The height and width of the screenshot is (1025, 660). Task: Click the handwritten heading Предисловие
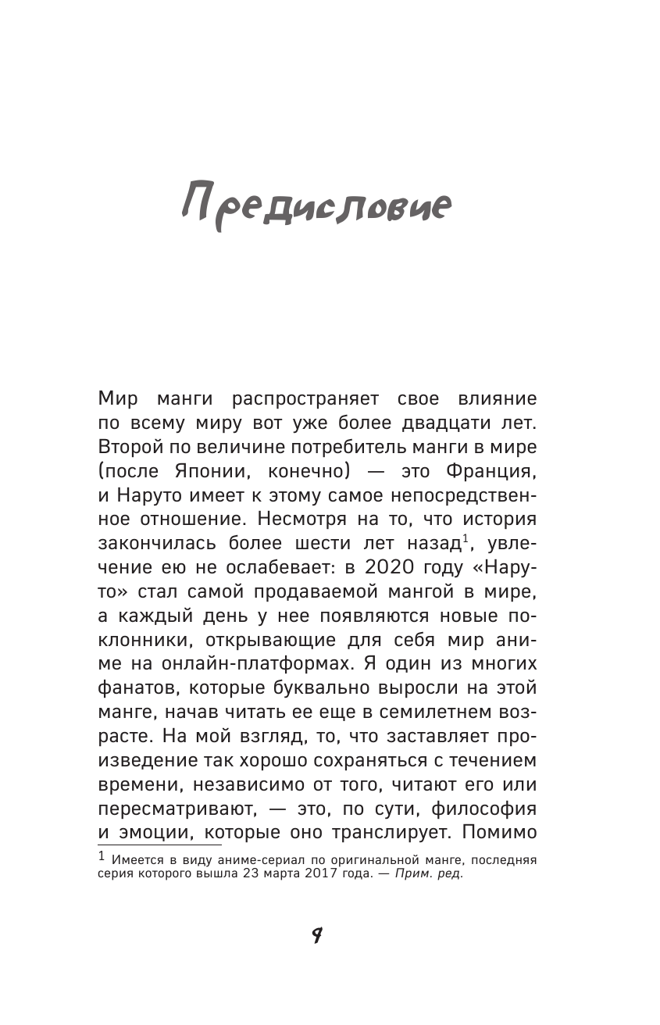point(316,207)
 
